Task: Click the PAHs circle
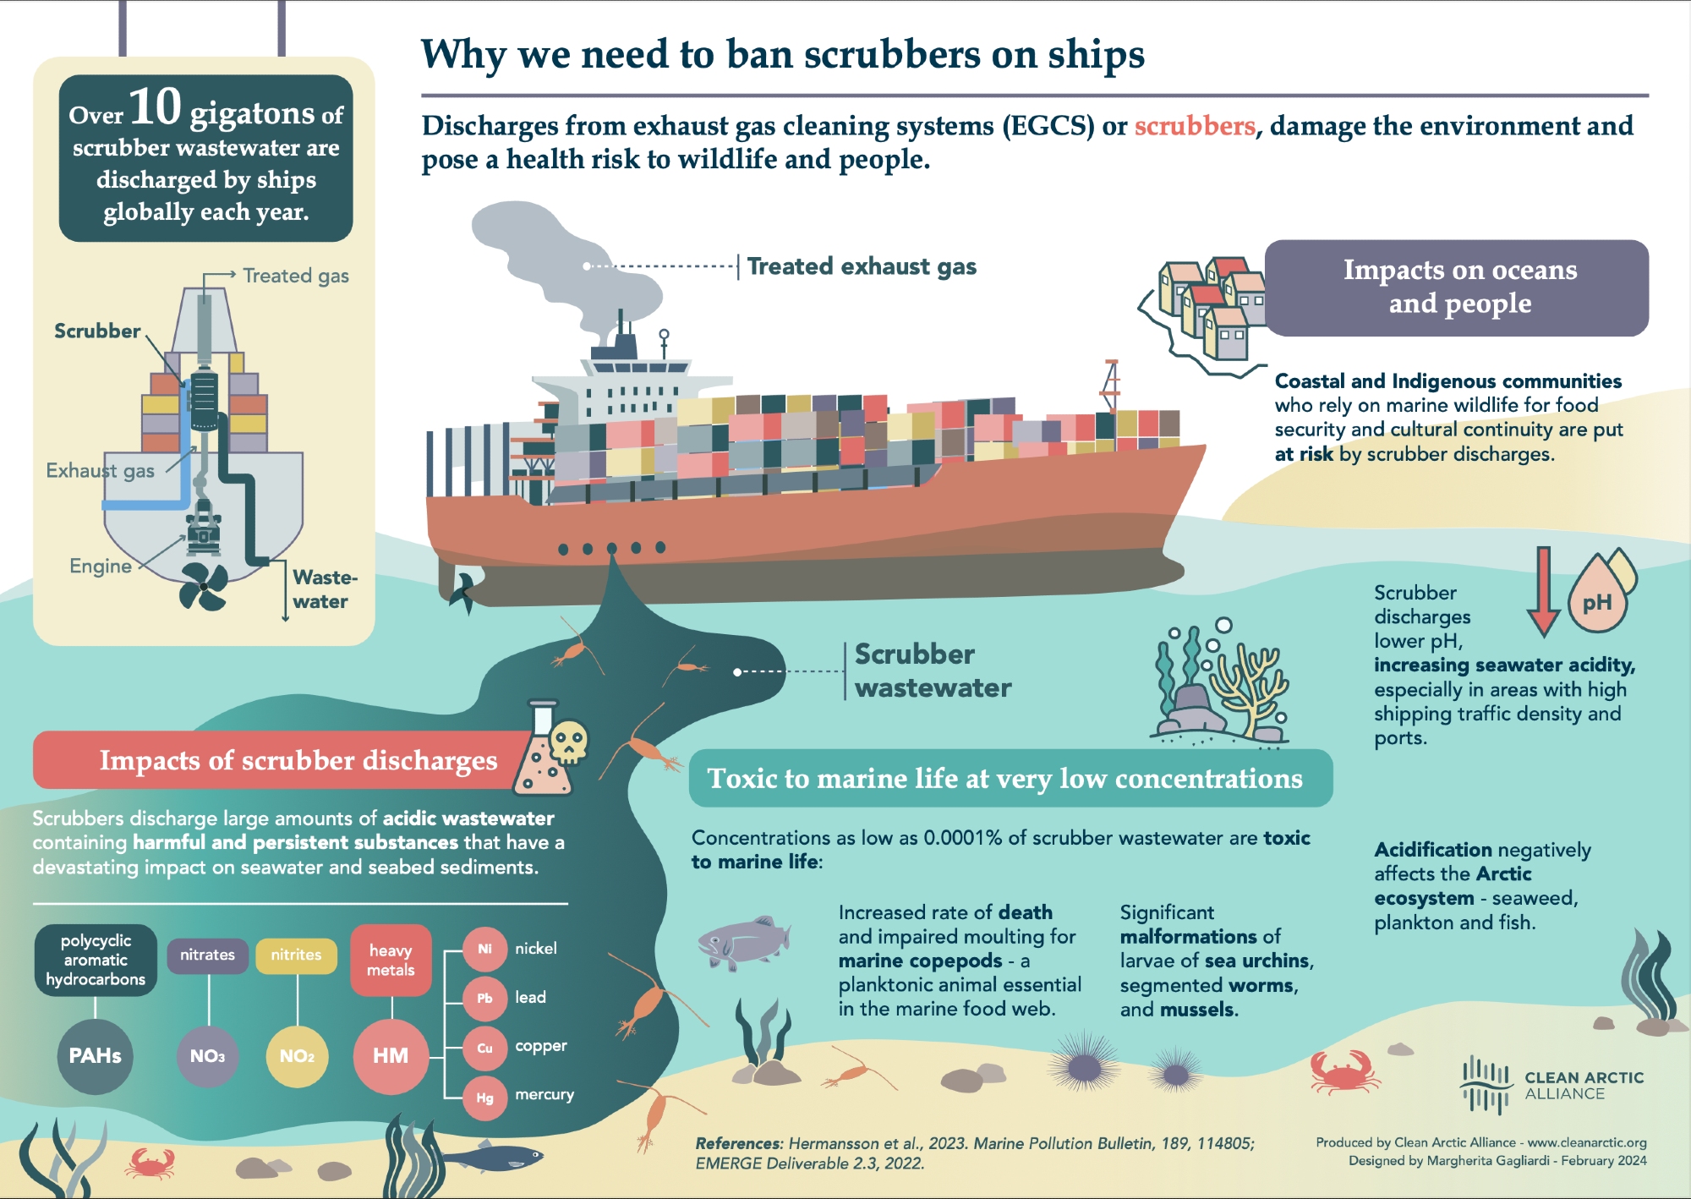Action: pos(95,1056)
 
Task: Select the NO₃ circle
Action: pos(207,1056)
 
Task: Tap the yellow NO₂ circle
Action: pos(297,1056)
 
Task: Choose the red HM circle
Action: pos(391,1056)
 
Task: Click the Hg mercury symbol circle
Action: pos(484,1098)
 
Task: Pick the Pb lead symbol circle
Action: pos(484,999)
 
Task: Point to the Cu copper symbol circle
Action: pos(484,1048)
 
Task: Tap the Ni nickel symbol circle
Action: pos(484,950)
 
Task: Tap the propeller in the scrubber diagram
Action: pos(203,586)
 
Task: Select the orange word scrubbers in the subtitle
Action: pos(1194,126)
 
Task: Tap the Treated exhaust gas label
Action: pos(861,267)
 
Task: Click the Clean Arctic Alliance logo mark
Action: pos(1486,1085)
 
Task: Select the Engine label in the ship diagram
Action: pos(101,567)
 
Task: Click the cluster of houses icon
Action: pos(1210,306)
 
